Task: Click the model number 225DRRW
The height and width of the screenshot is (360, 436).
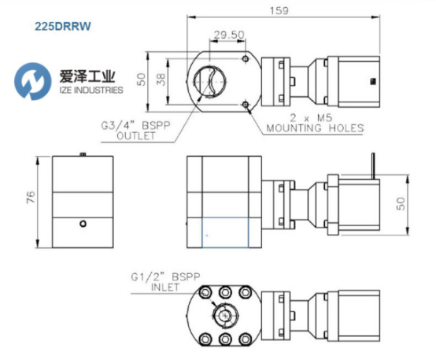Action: coord(62,26)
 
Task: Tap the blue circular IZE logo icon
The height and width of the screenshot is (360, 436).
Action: coord(33,81)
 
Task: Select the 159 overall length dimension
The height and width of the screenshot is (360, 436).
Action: coord(279,10)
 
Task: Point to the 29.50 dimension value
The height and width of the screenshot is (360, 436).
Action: coord(229,35)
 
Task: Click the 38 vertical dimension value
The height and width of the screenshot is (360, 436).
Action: coord(161,80)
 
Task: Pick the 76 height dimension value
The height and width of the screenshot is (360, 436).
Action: coord(31,198)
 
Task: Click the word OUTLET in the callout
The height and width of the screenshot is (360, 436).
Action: coord(136,135)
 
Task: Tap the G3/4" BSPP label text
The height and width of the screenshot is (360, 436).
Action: coord(135,125)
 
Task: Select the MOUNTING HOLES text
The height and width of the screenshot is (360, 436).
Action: coord(315,128)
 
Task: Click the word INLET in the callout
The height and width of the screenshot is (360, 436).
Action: coord(164,287)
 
